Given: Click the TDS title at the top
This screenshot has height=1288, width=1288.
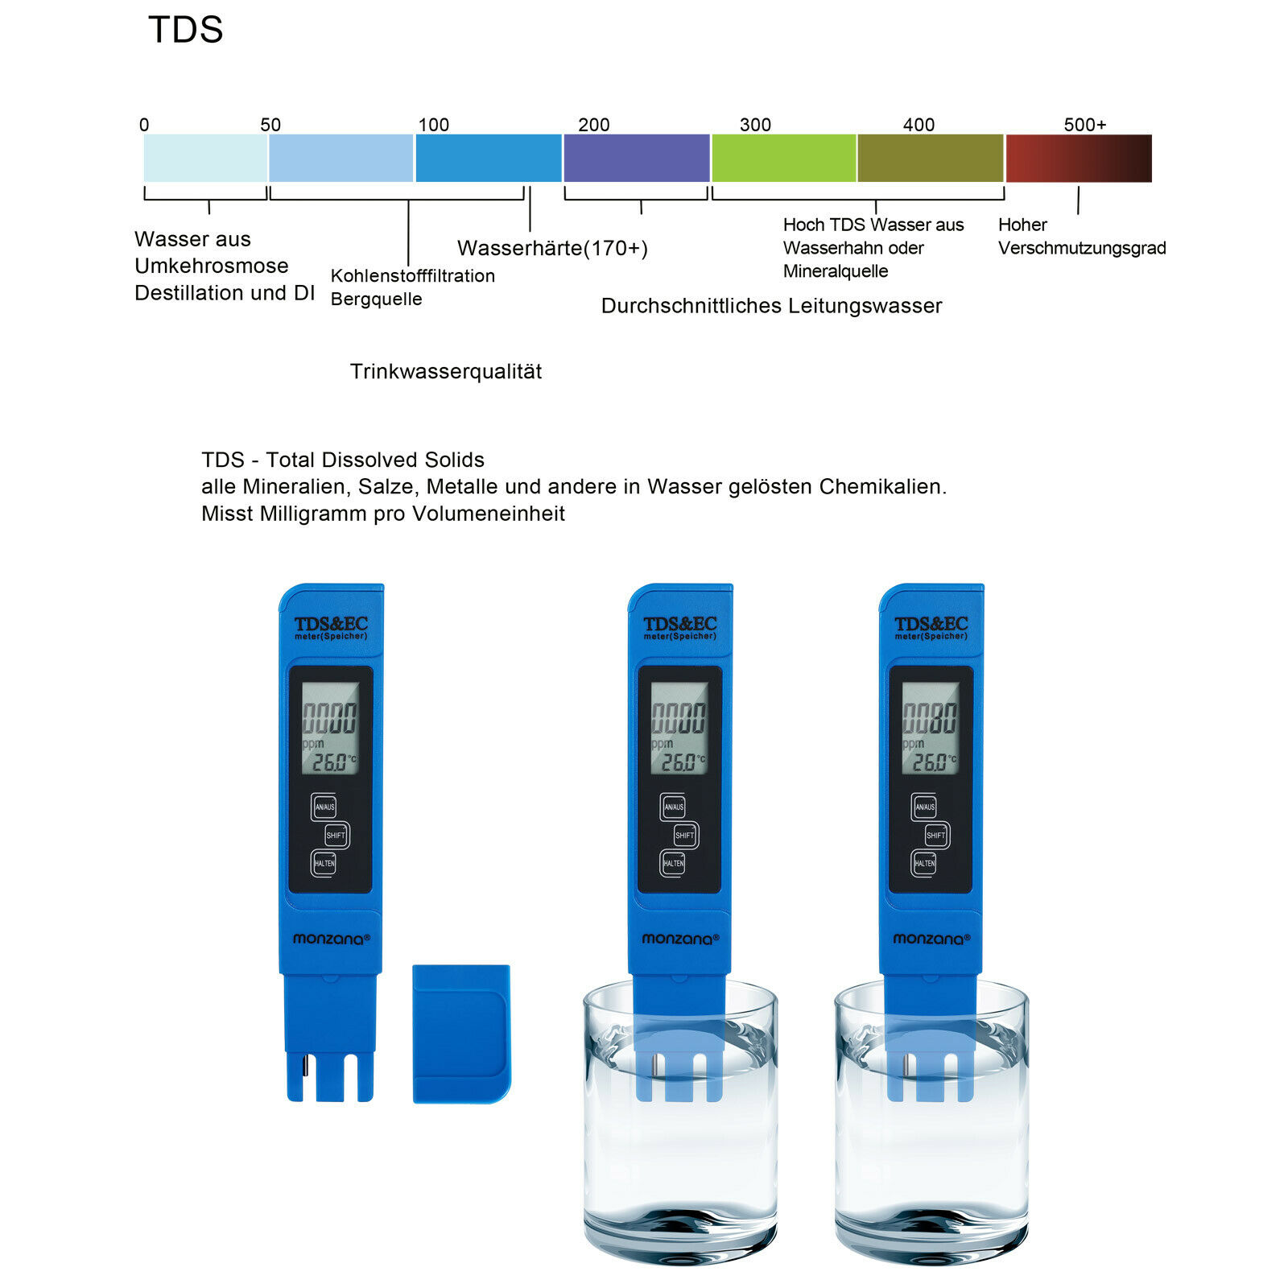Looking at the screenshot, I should [185, 30].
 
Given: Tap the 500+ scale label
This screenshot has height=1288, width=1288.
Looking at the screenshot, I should [1084, 125].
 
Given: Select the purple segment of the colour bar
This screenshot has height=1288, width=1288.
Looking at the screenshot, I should [636, 158].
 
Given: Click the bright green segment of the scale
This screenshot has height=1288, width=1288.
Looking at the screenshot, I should [783, 158].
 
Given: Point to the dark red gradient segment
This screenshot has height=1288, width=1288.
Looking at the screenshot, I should [1079, 158].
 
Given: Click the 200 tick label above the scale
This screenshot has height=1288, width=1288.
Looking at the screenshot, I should [593, 125].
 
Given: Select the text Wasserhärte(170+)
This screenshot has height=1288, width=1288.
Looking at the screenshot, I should [552, 248].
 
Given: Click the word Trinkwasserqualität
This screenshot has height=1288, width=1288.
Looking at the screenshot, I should [445, 371].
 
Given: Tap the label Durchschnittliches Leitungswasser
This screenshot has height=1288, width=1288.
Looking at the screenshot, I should [771, 306].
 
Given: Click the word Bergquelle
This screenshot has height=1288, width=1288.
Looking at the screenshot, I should [376, 299].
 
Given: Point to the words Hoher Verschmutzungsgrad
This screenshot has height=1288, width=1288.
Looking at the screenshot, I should [1081, 237].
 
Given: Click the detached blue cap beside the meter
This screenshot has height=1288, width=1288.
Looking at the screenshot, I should [461, 1033].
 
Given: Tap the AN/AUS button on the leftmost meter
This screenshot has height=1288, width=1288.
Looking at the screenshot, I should [324, 807].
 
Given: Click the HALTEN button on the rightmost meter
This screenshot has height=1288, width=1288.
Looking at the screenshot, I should [924, 863].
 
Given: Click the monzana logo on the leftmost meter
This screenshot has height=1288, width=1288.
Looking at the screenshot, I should [331, 939].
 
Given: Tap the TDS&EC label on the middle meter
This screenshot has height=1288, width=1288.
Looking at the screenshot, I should [679, 625].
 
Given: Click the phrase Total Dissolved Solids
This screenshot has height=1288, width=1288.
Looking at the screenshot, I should [375, 460].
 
